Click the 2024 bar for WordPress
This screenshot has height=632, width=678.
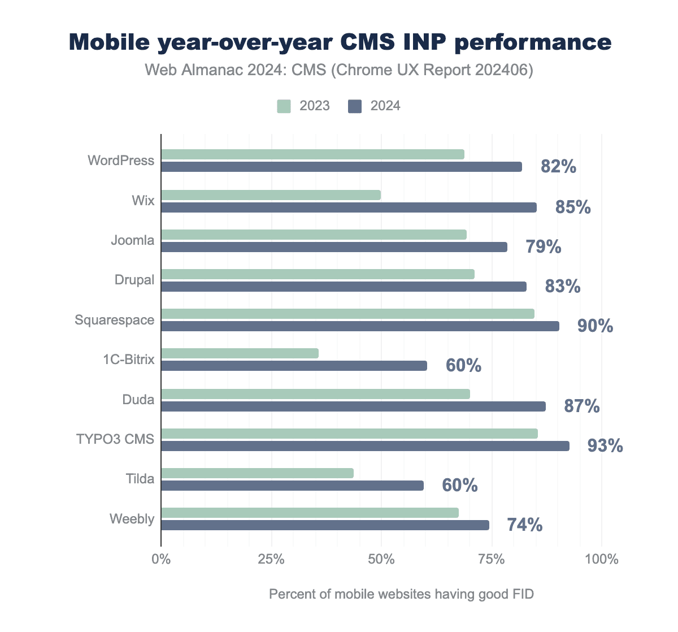pyautogui.click(x=341, y=167)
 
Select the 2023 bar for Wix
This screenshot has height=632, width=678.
pyautogui.click(x=271, y=195)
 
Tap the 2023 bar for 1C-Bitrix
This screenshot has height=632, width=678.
pyautogui.click(x=240, y=353)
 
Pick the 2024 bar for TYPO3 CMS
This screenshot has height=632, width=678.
pyautogui.click(x=365, y=446)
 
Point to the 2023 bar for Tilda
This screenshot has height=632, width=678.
pyautogui.click(x=258, y=473)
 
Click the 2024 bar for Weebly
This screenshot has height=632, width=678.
pyautogui.click(x=325, y=525)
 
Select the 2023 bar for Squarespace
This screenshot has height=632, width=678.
pyautogui.click(x=347, y=314)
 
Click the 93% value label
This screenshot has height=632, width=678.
pyautogui.click(x=605, y=446)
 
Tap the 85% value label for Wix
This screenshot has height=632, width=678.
pyautogui.click(x=573, y=207)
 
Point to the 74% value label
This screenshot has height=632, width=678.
pyautogui.click(x=525, y=525)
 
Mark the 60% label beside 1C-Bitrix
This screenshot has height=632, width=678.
pyautogui.click(x=463, y=366)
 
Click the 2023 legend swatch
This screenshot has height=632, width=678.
pyautogui.click(x=284, y=106)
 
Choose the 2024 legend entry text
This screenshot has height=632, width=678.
pyautogui.click(x=385, y=106)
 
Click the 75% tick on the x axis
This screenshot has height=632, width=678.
pyautogui.click(x=492, y=560)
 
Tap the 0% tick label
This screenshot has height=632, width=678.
pyautogui.click(x=161, y=560)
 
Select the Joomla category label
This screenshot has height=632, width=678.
pyautogui.click(x=133, y=240)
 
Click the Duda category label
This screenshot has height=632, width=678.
pyautogui.click(x=138, y=400)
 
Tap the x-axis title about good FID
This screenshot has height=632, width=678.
pyautogui.click(x=401, y=594)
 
